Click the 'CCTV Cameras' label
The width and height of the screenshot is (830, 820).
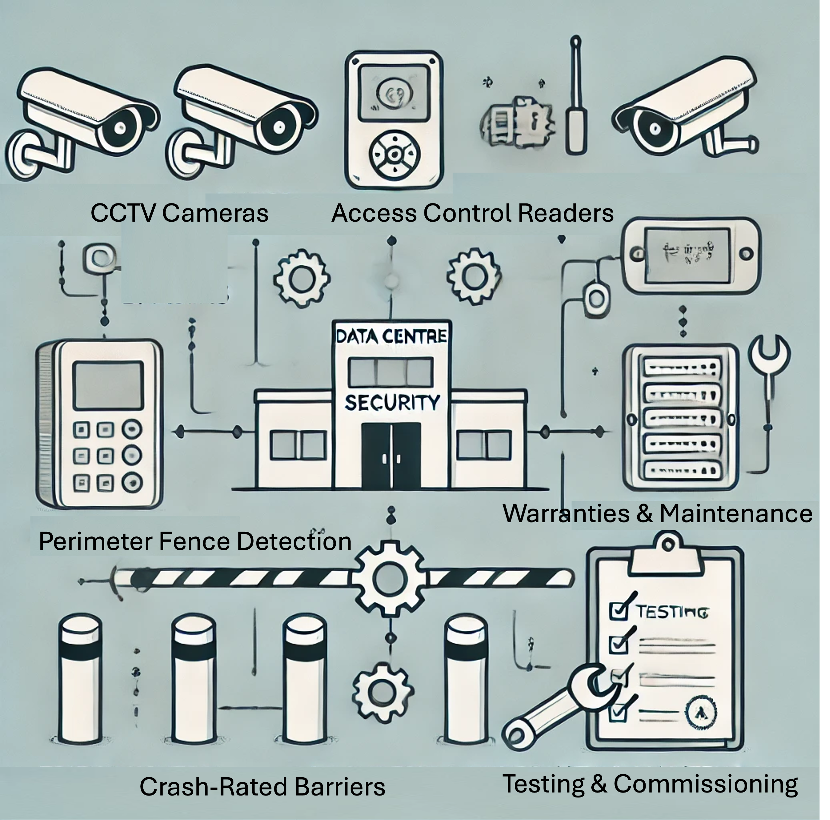tap(179, 213)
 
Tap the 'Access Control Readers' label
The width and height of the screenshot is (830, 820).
tap(472, 213)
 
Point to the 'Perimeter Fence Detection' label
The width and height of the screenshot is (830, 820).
tap(195, 541)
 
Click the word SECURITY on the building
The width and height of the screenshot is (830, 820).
tap(392, 403)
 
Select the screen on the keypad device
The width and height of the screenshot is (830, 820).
tap(108, 385)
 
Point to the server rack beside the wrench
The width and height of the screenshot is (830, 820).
tap(681, 417)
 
